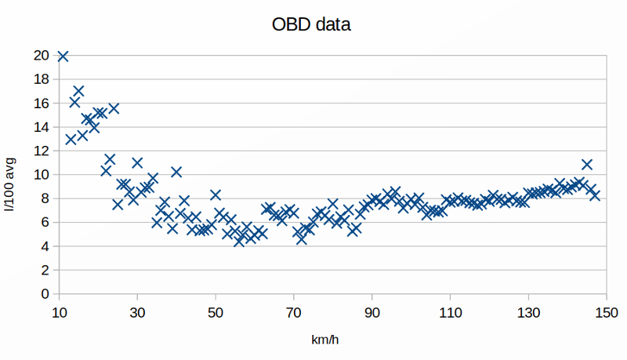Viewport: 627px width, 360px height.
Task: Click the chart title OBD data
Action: point(311,24)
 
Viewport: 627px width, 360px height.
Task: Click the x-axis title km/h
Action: point(324,340)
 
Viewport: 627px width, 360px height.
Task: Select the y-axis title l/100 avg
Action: point(9,184)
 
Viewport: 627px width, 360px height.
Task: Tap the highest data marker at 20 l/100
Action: point(63,56)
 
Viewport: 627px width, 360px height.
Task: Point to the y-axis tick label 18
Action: point(42,79)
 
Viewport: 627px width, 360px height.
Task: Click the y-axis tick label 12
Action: point(42,151)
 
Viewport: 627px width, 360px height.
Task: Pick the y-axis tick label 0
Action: point(45,294)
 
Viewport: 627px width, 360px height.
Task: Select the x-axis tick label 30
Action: point(137,312)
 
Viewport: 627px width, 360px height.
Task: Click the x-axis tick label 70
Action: point(293,312)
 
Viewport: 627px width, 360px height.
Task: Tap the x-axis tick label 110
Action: point(450,312)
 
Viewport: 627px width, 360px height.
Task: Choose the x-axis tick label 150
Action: point(607,312)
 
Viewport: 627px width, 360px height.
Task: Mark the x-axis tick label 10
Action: point(60,312)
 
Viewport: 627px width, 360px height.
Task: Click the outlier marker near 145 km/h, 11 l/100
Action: point(587,165)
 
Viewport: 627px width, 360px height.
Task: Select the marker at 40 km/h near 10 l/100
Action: point(176,172)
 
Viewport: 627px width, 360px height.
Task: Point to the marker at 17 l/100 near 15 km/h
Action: point(78,91)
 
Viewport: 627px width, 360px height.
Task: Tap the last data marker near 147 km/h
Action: point(595,195)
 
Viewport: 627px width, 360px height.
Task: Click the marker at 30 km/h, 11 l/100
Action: point(137,163)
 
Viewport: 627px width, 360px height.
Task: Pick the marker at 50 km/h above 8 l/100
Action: point(216,195)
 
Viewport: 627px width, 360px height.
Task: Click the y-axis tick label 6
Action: point(45,223)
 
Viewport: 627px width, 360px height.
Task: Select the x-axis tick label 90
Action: point(371,312)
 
